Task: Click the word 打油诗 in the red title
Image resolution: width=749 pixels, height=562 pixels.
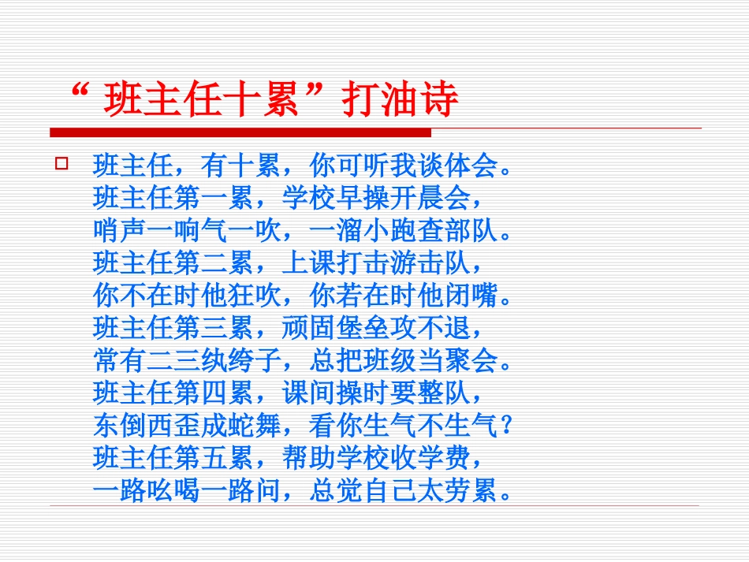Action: pyautogui.click(x=401, y=102)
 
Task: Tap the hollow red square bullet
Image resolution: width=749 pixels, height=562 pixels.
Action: pyautogui.click(x=61, y=163)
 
